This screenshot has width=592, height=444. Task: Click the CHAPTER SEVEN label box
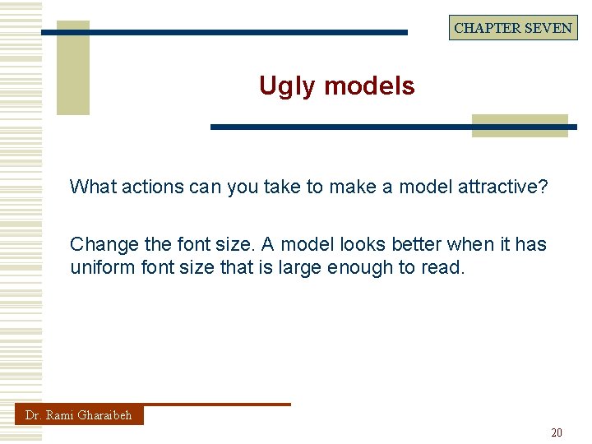[x=513, y=28]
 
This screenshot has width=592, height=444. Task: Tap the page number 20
[x=557, y=432]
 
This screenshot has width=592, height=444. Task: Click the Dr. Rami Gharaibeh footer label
[x=78, y=415]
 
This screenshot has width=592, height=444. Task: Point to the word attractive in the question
[x=500, y=187]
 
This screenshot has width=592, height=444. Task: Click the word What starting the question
[x=93, y=187]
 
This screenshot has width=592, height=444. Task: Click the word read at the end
[x=443, y=267]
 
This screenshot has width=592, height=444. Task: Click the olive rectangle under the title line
[x=520, y=126]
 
